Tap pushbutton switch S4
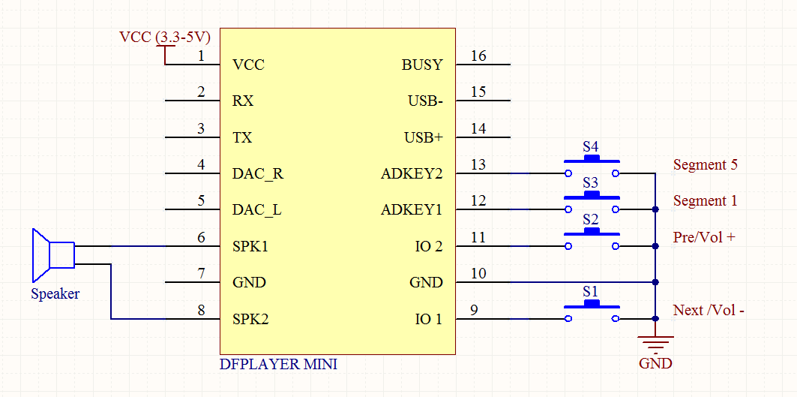(x=592, y=167)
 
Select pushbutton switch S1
(x=592, y=311)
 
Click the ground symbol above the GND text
(x=655, y=343)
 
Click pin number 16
(x=478, y=56)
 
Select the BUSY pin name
(x=422, y=65)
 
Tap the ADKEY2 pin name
(x=412, y=174)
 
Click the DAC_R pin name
(x=258, y=174)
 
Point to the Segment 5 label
(x=705, y=164)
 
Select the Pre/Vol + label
(x=704, y=237)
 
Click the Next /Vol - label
(x=709, y=310)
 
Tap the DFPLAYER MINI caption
(x=278, y=365)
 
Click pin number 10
(x=478, y=274)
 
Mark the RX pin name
(x=242, y=101)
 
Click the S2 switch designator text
(x=591, y=220)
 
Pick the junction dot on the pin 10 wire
(x=655, y=283)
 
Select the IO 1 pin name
(x=429, y=320)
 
